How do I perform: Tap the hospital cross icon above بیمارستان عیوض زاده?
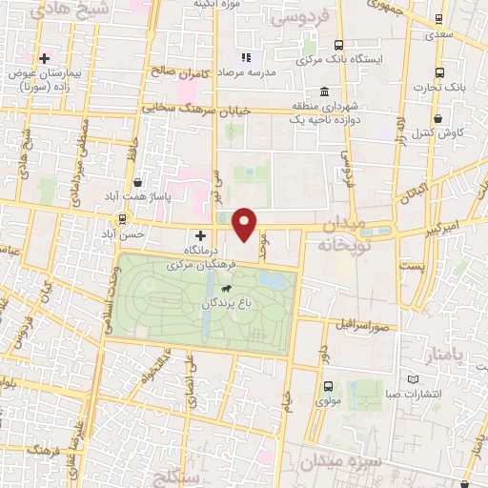coord(44,58)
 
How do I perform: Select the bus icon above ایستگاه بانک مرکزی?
coord(338,44)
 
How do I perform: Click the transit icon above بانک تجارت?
coord(439,73)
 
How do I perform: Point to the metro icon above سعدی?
coord(439,18)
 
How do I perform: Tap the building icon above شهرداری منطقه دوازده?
coord(326,92)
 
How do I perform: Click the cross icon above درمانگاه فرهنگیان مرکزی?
coord(200,234)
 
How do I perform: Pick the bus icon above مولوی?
coord(328,387)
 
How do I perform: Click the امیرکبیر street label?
coord(443,230)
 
